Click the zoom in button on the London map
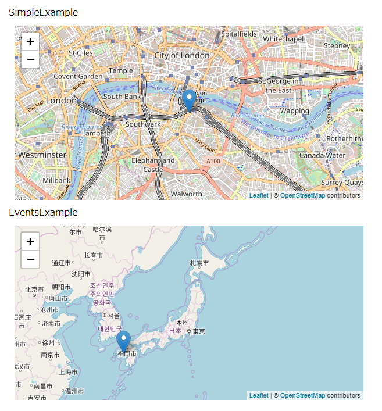click(x=30, y=42)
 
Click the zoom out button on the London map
click(x=30, y=59)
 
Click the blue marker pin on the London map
click(x=189, y=99)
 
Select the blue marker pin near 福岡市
click(x=123, y=340)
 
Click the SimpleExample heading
click(x=43, y=12)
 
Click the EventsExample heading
click(x=43, y=212)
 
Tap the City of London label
click(x=182, y=55)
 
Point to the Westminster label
click(x=42, y=155)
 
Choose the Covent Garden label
click(x=78, y=76)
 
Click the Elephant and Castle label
click(x=153, y=165)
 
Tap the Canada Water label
click(x=322, y=155)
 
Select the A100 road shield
click(x=212, y=160)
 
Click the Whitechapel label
click(x=283, y=38)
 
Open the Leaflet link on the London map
click(x=259, y=196)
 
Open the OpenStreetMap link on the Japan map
click(x=302, y=396)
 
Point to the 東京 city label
click(x=198, y=331)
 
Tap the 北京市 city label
click(x=34, y=290)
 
